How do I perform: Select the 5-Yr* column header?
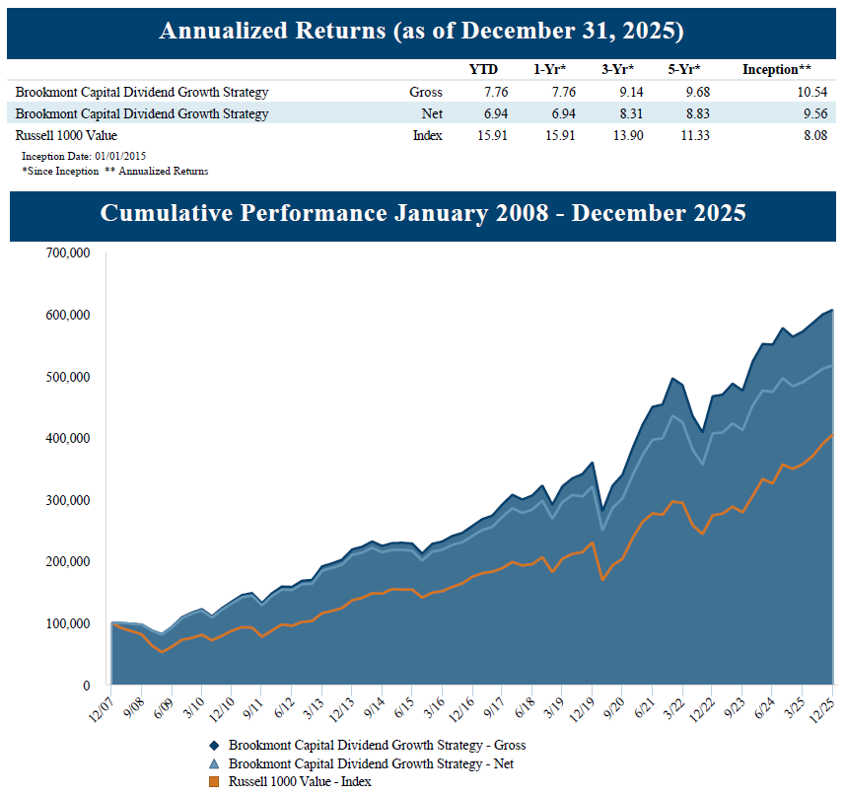click(682, 69)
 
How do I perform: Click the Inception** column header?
click(777, 69)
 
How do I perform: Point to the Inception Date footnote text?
click(84, 156)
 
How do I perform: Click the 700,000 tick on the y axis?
click(68, 253)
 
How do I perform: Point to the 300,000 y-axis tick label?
click(68, 499)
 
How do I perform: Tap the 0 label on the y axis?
click(87, 685)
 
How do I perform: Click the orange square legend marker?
click(212, 782)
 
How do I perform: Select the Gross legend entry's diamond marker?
click(212, 745)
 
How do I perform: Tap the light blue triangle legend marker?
click(212, 763)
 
